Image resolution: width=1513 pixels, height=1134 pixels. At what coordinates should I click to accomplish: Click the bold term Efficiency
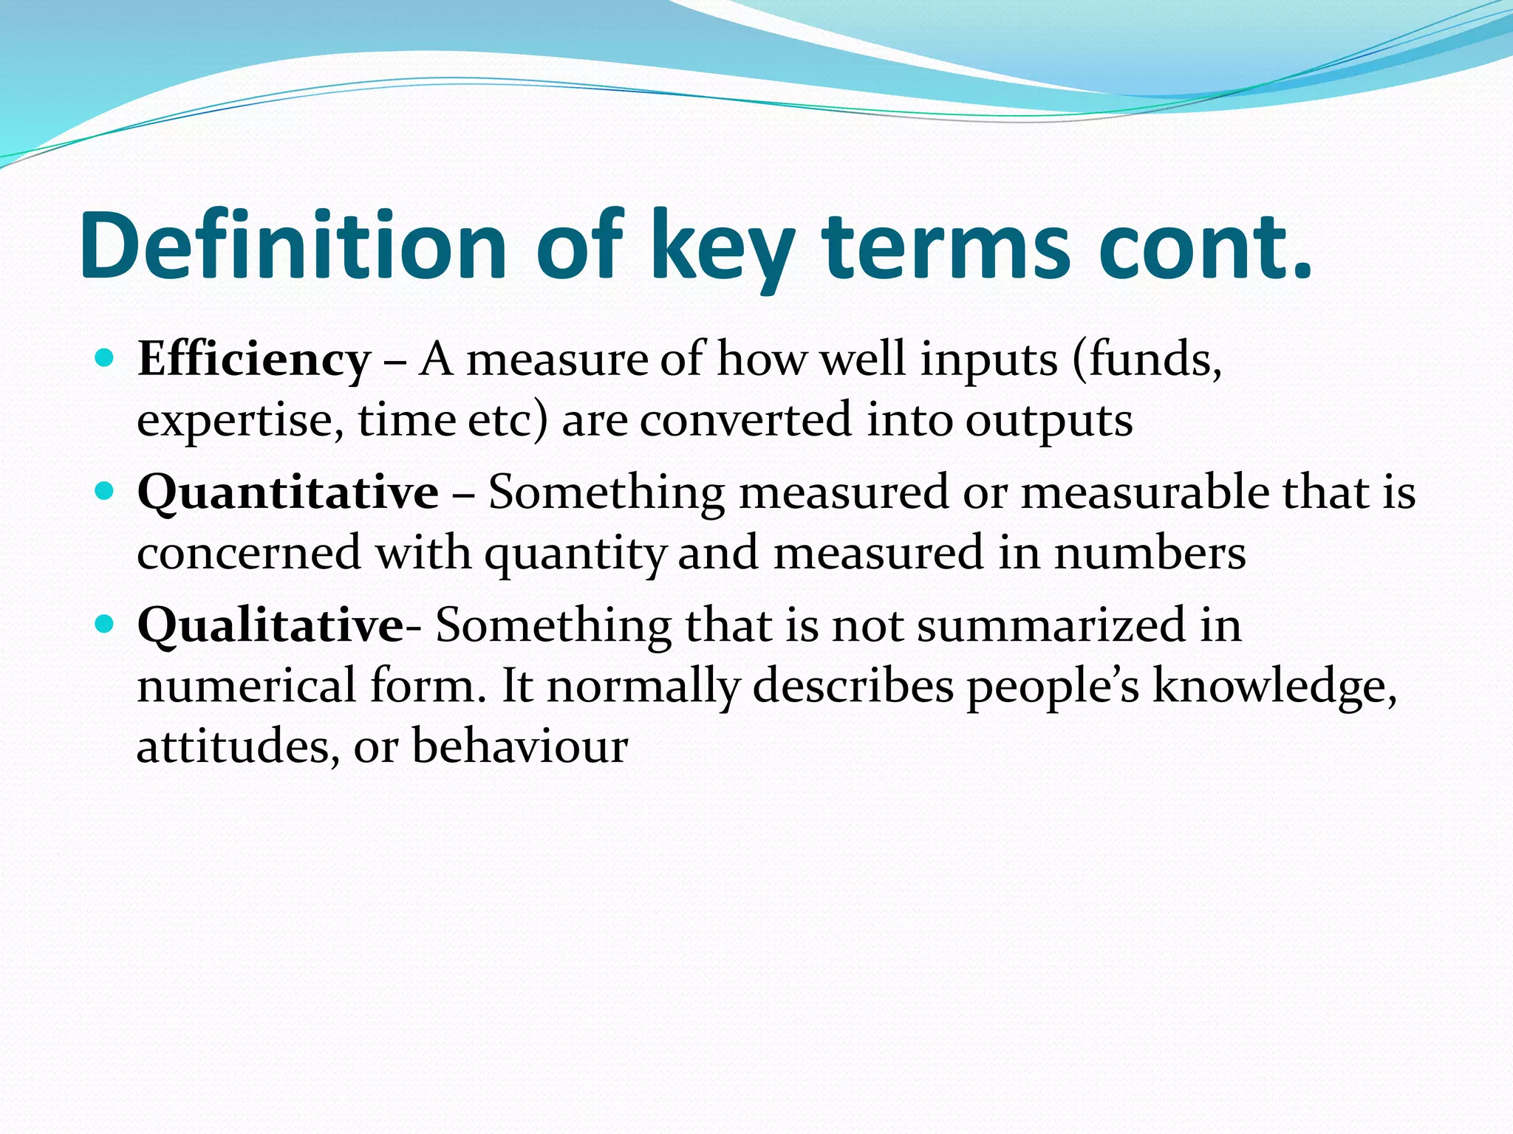coord(253,361)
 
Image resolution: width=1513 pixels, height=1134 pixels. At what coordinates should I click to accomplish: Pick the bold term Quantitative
coord(288,492)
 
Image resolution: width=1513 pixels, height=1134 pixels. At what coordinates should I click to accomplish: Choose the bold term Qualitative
coord(270,626)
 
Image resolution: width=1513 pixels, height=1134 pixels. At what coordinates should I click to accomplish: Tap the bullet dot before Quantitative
coord(105,492)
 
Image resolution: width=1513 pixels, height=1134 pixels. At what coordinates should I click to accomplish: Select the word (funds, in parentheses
coord(1147,361)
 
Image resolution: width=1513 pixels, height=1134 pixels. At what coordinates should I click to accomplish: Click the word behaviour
coord(520,746)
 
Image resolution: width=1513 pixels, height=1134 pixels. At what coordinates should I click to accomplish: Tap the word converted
coord(745,421)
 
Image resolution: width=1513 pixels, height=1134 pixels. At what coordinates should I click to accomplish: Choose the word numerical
coord(247,686)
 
